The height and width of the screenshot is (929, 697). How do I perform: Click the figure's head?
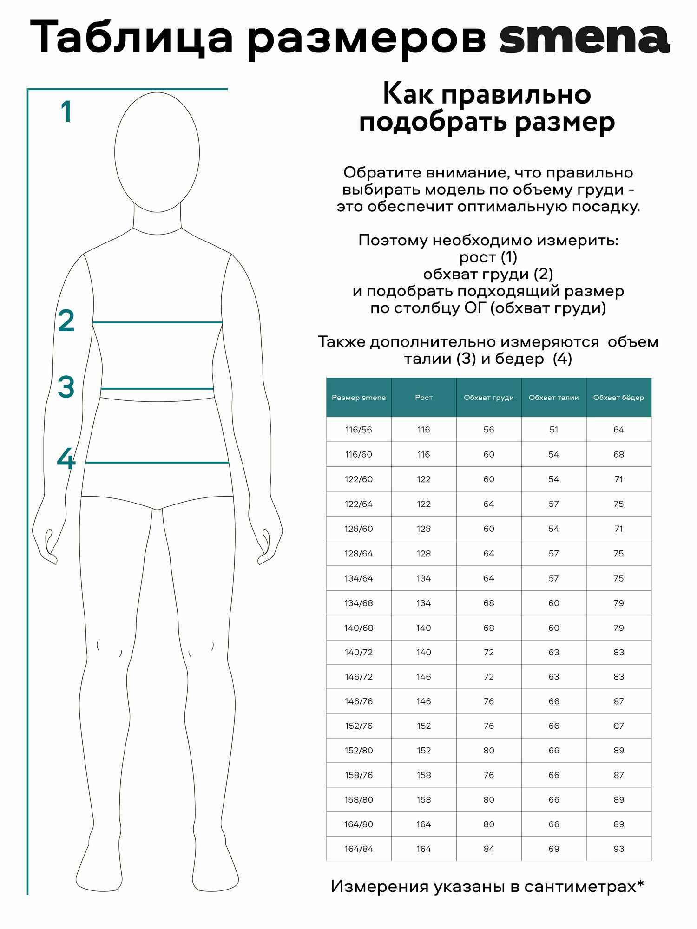point(157,152)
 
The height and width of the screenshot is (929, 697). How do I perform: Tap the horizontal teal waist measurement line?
point(157,388)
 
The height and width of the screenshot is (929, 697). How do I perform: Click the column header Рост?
point(424,398)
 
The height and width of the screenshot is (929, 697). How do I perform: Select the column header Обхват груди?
point(489,398)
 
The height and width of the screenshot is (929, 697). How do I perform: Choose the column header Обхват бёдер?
point(618,398)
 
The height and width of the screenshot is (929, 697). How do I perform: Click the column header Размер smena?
point(359,398)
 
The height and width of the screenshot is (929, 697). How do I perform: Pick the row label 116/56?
point(359,430)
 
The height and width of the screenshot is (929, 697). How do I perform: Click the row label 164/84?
point(359,849)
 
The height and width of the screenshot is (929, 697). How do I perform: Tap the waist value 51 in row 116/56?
point(554,430)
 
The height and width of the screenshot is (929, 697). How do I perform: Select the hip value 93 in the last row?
point(618,849)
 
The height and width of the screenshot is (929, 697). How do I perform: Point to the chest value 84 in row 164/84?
point(489,849)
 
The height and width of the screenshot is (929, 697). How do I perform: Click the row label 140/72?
point(359,652)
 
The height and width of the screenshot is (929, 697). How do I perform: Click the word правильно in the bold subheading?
point(516,94)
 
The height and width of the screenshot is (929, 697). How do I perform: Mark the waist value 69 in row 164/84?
point(554,849)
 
